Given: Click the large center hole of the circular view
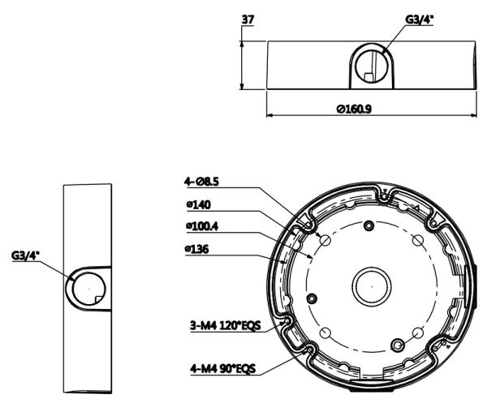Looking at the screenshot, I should [x=369, y=285].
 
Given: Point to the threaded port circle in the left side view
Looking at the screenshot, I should [x=84, y=286].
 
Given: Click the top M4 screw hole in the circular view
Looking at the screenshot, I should [x=369, y=225].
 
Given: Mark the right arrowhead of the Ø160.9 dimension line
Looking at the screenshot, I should [x=475, y=116].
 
